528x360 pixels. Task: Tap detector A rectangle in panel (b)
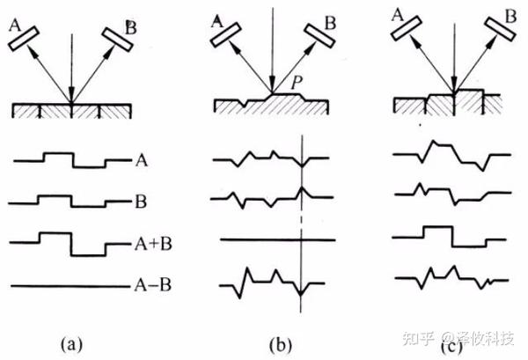click(x=231, y=36)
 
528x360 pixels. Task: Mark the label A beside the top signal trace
click(x=141, y=161)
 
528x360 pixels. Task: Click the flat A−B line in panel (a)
click(x=70, y=284)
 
